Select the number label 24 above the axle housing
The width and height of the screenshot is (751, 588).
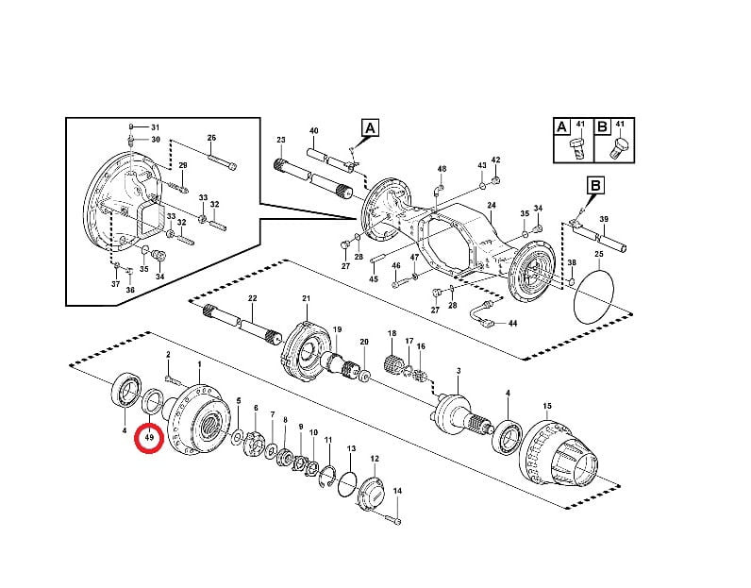492,205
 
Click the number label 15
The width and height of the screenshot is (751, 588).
547,406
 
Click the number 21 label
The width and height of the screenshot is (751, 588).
306,298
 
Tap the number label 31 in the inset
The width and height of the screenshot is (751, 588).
155,127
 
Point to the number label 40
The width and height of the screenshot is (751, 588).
314,130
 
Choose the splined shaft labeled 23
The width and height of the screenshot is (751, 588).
314,179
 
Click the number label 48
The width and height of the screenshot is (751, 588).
442,169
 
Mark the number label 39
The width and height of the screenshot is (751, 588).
604,219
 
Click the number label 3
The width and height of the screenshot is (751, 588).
459,371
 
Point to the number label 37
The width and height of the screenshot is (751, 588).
115,284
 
